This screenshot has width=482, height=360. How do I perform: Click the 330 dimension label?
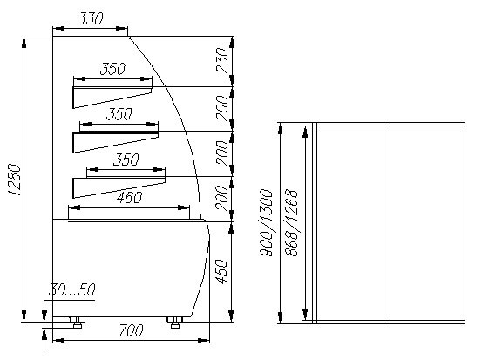pyautogui.click(x=90, y=19)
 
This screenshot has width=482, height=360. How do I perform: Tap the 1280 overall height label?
pyautogui.click(x=14, y=180)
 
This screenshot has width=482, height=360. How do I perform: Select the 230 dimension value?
pyautogui.click(x=222, y=60)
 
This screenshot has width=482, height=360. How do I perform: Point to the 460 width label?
pyautogui.click(x=129, y=198)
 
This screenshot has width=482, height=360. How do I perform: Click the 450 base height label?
pyautogui.click(x=222, y=272)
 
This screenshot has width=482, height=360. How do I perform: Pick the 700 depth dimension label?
pyautogui.click(x=131, y=330)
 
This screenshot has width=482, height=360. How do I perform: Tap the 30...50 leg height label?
pyautogui.click(x=72, y=289)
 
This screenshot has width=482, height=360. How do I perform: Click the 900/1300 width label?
pyautogui.click(x=266, y=222)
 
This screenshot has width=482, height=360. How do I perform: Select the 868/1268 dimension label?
pyautogui.click(x=291, y=223)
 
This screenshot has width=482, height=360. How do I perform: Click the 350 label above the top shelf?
pyautogui.click(x=112, y=69)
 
